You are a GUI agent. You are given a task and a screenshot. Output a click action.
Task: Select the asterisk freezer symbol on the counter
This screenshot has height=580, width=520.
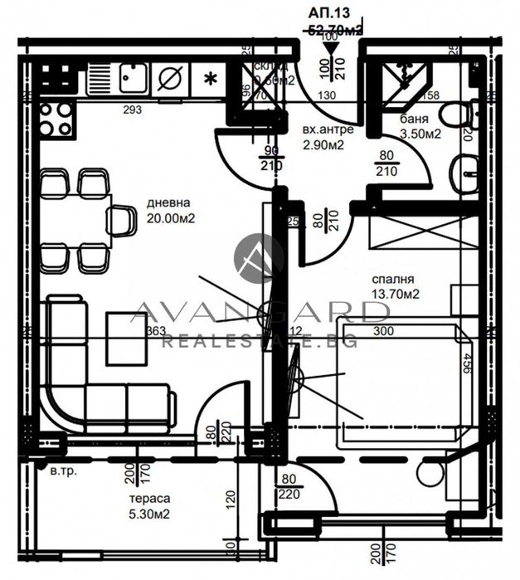point(211,80)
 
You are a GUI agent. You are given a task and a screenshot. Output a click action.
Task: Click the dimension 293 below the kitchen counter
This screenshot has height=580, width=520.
point(132,110)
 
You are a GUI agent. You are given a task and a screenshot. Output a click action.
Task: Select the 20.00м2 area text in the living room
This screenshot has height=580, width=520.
point(170,218)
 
